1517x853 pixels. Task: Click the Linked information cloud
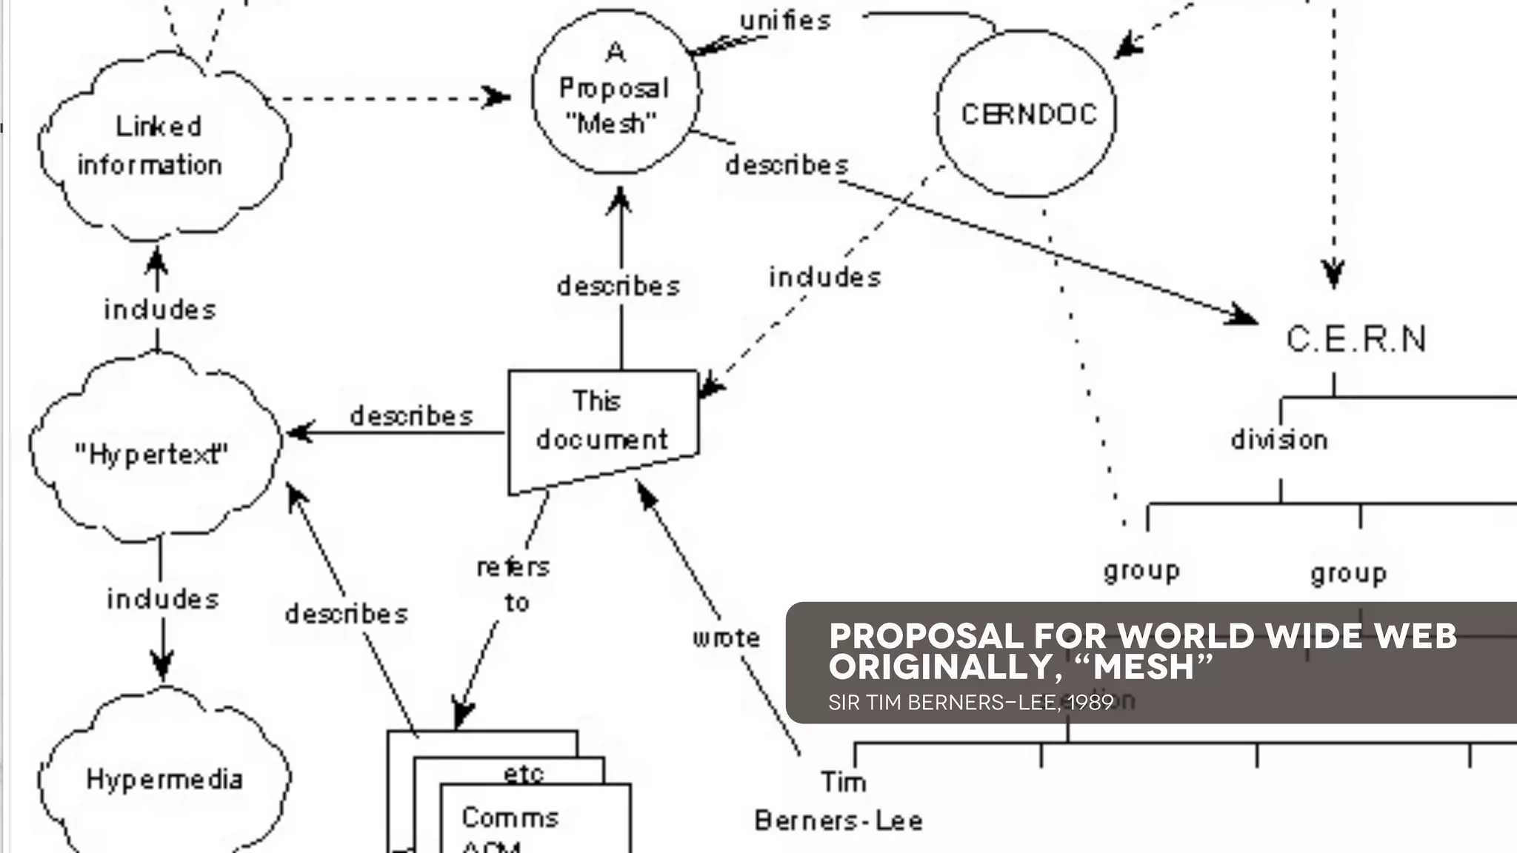coord(159,146)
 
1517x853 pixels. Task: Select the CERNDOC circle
coord(1027,114)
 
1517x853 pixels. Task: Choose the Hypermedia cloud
coord(164,779)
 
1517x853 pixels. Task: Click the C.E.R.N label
coord(1356,340)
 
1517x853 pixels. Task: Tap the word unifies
coord(786,21)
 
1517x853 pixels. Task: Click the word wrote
coord(726,638)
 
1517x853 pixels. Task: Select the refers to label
coord(514,584)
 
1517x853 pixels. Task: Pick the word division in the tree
coord(1279,440)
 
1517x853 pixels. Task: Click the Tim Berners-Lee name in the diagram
coord(839,802)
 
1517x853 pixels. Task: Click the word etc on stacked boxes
coord(524,774)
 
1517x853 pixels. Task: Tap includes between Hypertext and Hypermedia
coord(163,598)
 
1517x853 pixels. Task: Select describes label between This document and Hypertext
coord(411,416)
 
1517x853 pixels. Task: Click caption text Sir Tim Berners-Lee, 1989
coord(970,702)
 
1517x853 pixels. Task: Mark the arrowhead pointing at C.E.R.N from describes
coord(1244,317)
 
